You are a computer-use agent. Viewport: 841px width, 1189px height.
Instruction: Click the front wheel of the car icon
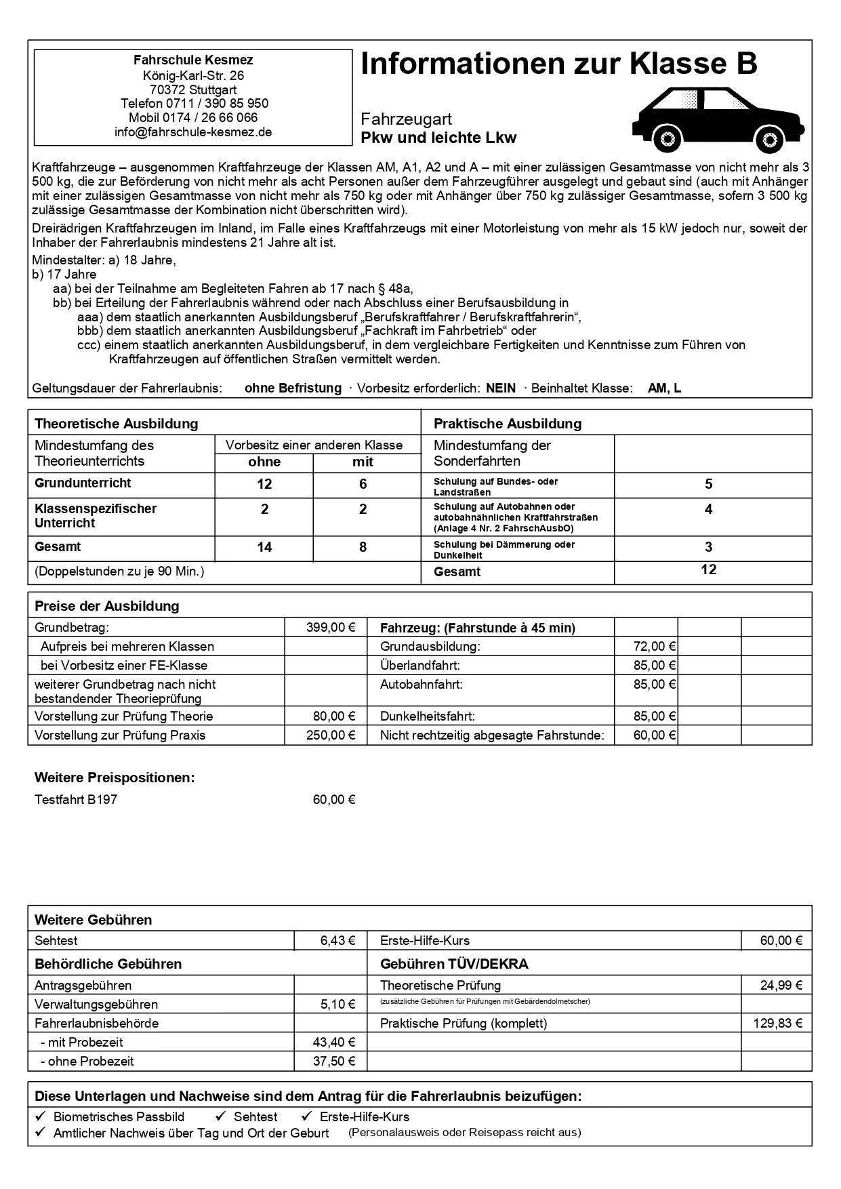768,140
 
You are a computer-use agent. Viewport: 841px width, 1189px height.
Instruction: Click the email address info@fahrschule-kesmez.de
193,132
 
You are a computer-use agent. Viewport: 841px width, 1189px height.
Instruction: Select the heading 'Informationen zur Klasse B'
558,64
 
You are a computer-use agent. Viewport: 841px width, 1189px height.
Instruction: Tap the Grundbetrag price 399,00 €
331,628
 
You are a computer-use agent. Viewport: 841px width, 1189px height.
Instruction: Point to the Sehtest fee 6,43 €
337,941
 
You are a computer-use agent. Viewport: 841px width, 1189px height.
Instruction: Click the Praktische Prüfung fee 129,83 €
777,1024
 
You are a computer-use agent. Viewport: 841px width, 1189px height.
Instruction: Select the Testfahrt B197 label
76,800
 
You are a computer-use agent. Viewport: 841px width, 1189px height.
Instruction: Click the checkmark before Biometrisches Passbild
40,1116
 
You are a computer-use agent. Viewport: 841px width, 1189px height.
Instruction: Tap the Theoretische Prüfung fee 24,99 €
781,986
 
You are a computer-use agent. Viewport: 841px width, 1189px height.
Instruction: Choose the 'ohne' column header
264,462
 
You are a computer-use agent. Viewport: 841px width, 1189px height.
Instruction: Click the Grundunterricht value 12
264,484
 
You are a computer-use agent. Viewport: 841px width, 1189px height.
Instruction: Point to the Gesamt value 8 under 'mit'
363,547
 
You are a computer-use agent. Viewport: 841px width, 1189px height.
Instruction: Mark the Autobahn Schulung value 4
708,509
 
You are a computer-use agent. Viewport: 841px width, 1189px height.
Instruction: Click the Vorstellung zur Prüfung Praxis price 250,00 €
331,735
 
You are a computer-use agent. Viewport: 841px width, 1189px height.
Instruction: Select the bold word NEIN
501,388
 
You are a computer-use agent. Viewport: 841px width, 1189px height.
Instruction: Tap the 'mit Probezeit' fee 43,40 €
334,1043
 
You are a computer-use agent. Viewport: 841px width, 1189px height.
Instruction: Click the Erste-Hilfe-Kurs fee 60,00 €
781,941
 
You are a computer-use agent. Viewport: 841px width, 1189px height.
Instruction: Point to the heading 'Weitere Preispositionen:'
115,778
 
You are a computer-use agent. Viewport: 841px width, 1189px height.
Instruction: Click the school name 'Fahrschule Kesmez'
193,60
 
